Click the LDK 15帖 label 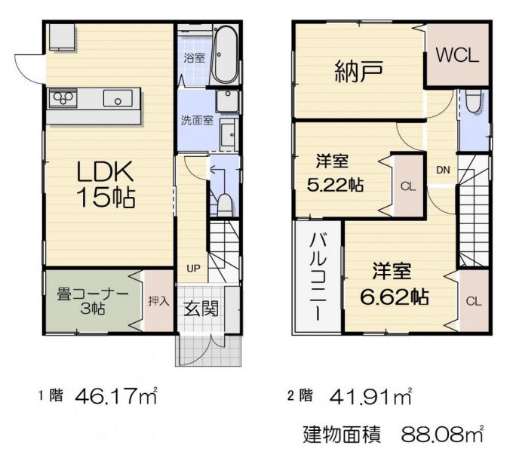(106, 184)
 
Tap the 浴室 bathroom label (195, 58)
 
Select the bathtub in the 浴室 (226, 54)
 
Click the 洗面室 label (198, 121)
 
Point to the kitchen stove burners (63, 97)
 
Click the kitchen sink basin (118, 98)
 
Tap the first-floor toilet (225, 205)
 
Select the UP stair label (193, 269)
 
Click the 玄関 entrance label (201, 309)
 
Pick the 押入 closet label (158, 301)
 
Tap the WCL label (457, 55)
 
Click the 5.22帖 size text (335, 185)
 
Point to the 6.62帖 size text (394, 297)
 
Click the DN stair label (443, 170)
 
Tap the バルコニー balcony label (318, 277)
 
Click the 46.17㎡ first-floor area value (116, 396)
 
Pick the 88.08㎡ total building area (442, 434)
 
